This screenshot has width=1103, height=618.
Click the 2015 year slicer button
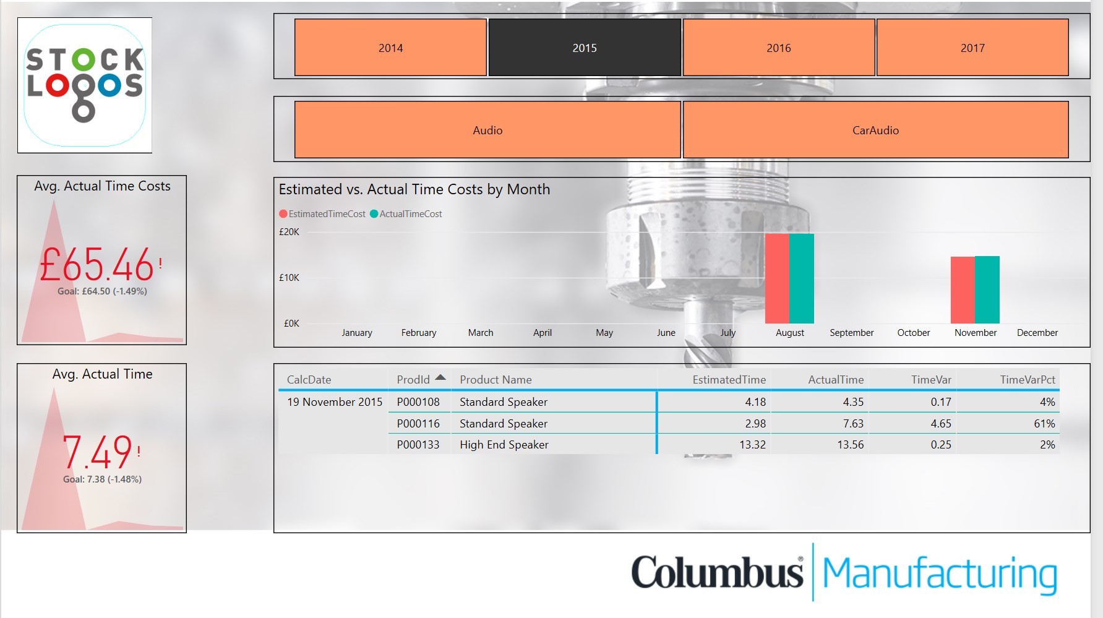coord(585,48)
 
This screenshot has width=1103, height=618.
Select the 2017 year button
coord(972,48)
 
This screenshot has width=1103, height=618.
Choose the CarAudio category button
coord(875,130)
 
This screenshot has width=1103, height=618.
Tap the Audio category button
coord(487,130)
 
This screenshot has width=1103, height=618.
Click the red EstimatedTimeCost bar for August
coord(777,278)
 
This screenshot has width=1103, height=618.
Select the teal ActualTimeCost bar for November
coord(987,290)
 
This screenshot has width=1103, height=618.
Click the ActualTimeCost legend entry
coord(410,214)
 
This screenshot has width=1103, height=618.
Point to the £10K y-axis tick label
coord(289,278)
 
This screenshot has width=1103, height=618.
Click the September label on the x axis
coord(851,333)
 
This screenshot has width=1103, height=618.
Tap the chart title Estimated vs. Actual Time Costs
coord(414,189)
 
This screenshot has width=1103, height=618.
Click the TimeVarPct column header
coord(1027,380)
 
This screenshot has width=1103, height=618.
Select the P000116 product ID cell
coord(418,424)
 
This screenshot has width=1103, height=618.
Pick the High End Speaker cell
coord(504,445)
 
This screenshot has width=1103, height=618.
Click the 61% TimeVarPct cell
coord(1044,424)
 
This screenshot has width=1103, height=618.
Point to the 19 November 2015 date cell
coord(335,402)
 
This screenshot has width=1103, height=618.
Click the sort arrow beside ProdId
coord(440,377)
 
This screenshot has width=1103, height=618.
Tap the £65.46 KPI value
coord(97,265)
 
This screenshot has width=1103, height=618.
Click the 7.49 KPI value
coord(98,452)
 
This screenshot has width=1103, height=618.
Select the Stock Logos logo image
coord(85,85)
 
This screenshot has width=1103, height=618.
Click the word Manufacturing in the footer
coord(939,573)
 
